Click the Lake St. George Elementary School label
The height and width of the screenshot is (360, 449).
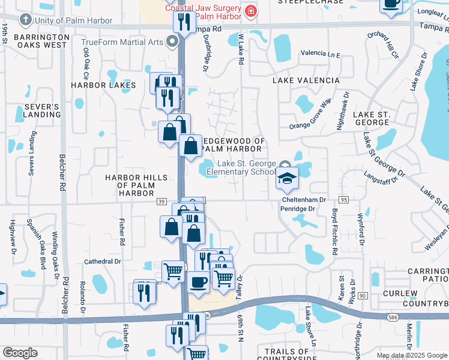pyautogui.click(x=241, y=168)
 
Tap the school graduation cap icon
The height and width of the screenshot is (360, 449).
pyautogui.click(x=287, y=178)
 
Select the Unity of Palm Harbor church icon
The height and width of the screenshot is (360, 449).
pyautogui.click(x=25, y=20)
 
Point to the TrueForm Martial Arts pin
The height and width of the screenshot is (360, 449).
pyautogui.click(x=173, y=42)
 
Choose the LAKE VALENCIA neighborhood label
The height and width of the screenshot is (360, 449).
pyautogui.click(x=306, y=80)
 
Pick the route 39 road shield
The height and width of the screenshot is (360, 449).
pyautogui.click(x=162, y=202)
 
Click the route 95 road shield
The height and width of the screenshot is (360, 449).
pyautogui.click(x=344, y=199)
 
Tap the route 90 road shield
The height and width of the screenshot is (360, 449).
pyautogui.click(x=362, y=296)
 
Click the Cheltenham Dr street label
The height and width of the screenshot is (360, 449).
pyautogui.click(x=305, y=200)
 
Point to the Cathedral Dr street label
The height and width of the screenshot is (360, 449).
pyautogui.click(x=102, y=262)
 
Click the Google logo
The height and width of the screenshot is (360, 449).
pyautogui.click(x=20, y=353)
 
